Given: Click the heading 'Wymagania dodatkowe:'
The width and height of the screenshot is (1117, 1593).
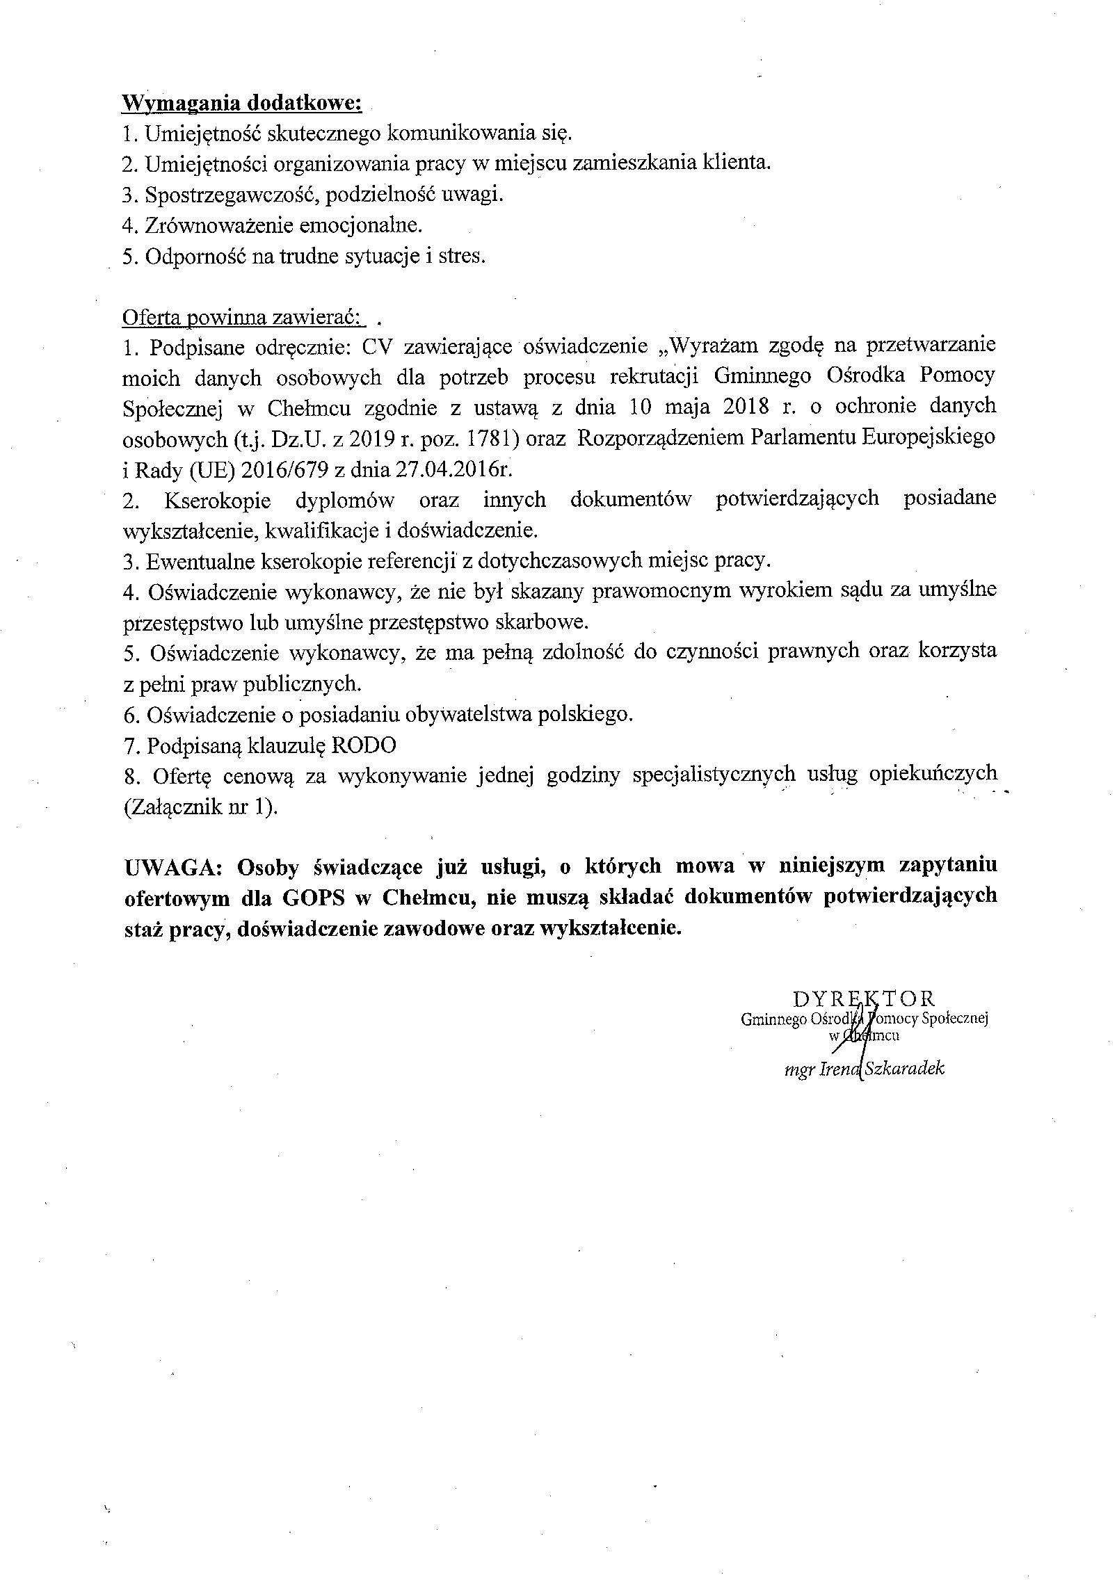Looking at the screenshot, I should pos(241,103).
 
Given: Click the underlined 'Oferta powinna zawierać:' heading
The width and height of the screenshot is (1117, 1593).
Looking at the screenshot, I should pos(241,318).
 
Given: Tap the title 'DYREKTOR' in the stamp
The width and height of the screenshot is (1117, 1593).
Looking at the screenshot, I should pos(863,999).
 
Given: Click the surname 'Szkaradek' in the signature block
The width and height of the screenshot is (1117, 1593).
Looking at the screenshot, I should pos(902,1069).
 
